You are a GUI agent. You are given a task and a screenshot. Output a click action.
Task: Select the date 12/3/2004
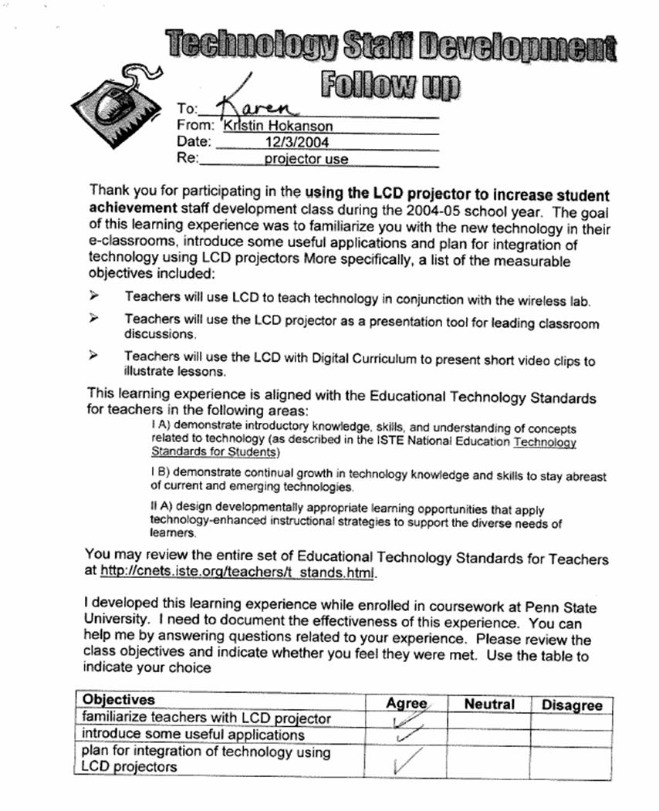(297, 142)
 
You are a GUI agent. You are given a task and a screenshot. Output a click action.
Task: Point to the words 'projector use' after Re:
(306, 160)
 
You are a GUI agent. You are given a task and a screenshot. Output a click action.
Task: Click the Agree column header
(406, 703)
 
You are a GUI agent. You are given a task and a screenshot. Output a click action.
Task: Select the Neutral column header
(489, 704)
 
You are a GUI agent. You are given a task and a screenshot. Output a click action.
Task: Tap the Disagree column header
(572, 705)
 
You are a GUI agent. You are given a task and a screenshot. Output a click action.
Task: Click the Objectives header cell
(119, 699)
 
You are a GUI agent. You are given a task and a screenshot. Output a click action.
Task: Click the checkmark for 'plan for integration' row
(404, 762)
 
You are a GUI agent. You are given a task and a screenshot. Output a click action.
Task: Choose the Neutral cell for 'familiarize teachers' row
(488, 719)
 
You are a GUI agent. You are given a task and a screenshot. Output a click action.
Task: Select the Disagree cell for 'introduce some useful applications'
(572, 736)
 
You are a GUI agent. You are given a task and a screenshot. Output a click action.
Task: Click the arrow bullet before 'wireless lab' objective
(94, 296)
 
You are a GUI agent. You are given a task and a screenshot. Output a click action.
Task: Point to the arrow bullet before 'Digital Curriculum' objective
(94, 356)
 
